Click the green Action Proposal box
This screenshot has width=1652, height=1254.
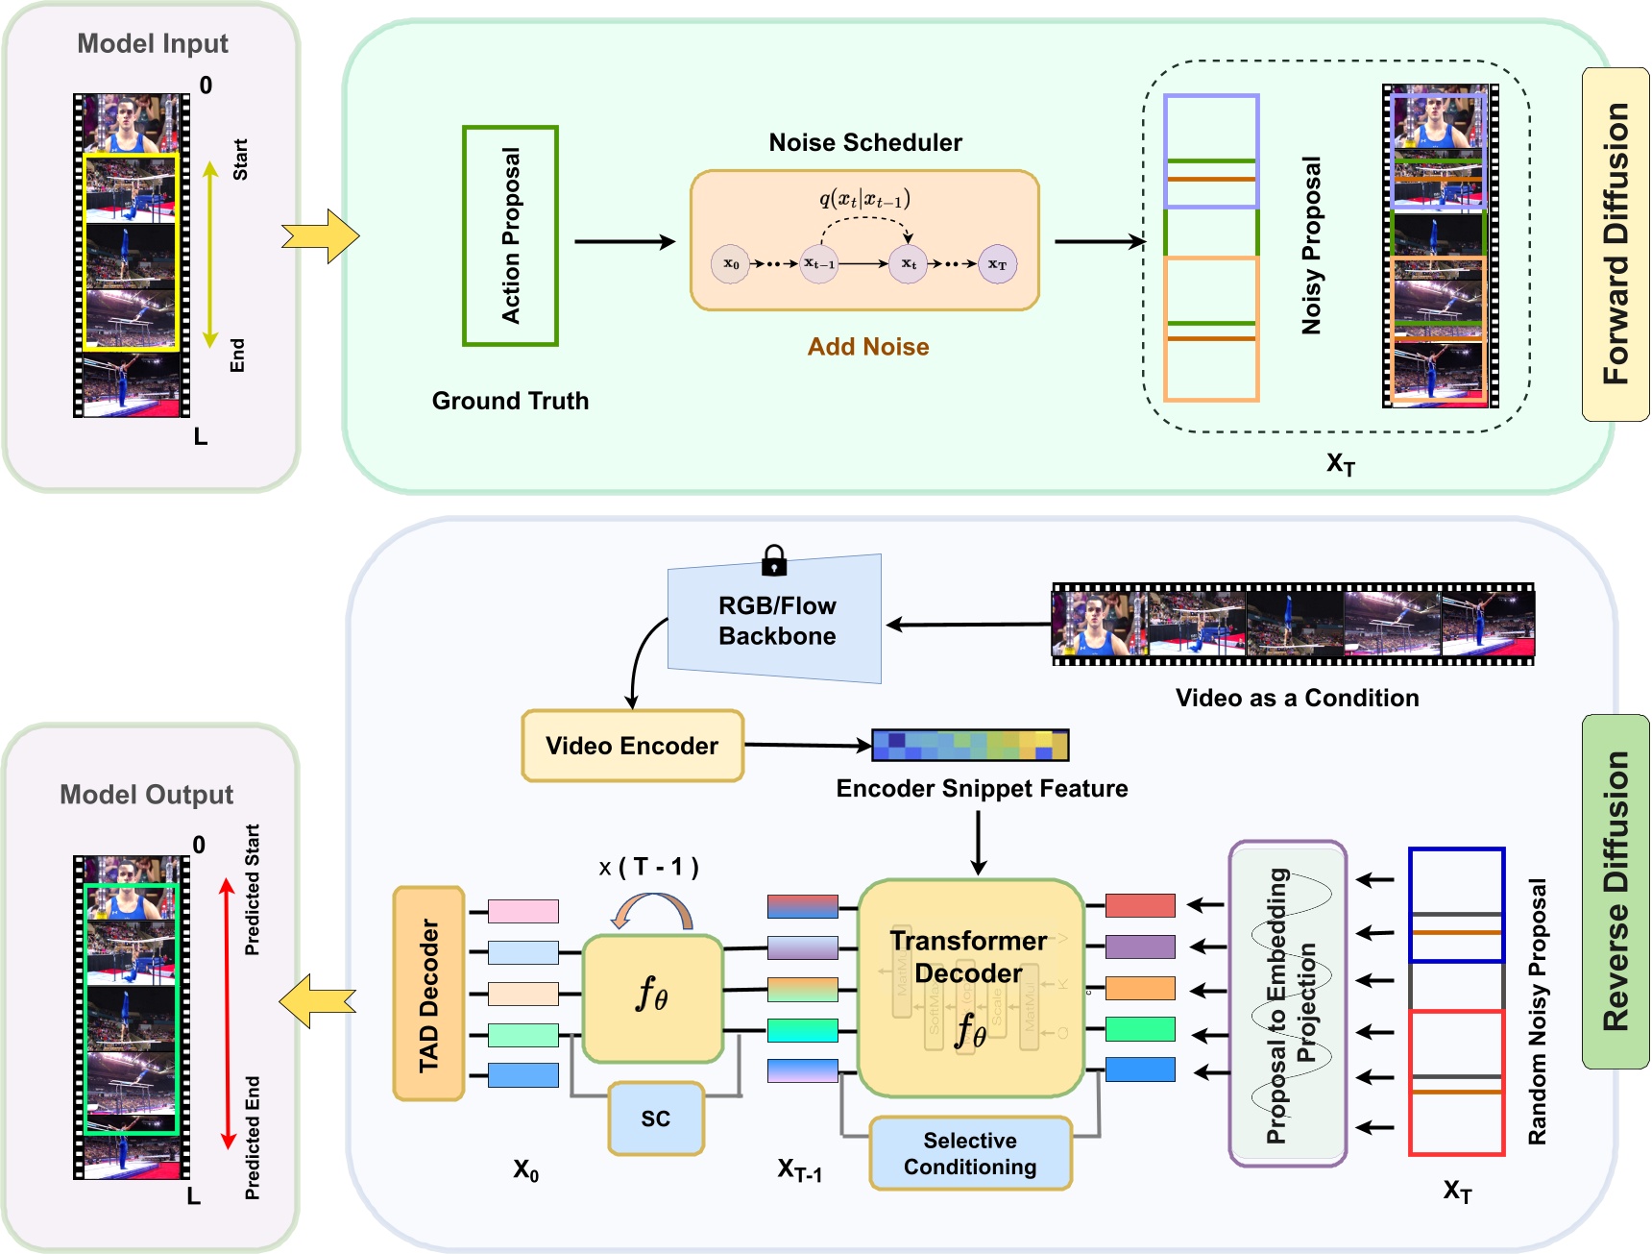pyautogui.click(x=510, y=235)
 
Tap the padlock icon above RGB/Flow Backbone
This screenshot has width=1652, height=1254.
pyautogui.click(x=773, y=560)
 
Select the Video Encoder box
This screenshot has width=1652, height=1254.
pyautogui.click(x=632, y=746)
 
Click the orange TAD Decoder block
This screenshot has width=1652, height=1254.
pyautogui.click(x=428, y=994)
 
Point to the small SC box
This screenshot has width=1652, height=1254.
pyautogui.click(x=656, y=1119)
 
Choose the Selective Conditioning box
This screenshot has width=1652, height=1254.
pyautogui.click(x=970, y=1153)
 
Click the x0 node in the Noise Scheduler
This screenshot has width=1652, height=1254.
pyautogui.click(x=731, y=264)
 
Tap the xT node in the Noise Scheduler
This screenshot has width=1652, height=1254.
pyautogui.click(x=997, y=264)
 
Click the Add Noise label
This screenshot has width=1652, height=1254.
pyautogui.click(x=867, y=347)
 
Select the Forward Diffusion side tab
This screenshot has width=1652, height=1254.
pyautogui.click(x=1616, y=244)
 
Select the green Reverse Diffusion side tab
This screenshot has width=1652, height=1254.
pyautogui.click(x=1616, y=891)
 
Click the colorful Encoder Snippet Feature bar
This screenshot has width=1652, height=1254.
pyautogui.click(x=970, y=745)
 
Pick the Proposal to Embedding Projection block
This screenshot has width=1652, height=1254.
pyautogui.click(x=1288, y=1004)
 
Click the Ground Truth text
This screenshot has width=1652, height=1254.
pyautogui.click(x=510, y=401)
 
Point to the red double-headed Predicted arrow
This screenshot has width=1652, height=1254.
pyautogui.click(x=228, y=1013)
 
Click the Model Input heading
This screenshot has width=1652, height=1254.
pyautogui.click(x=153, y=44)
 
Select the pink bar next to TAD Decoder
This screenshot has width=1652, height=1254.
pyautogui.click(x=522, y=911)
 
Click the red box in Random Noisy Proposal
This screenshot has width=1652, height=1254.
pyautogui.click(x=1456, y=1082)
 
